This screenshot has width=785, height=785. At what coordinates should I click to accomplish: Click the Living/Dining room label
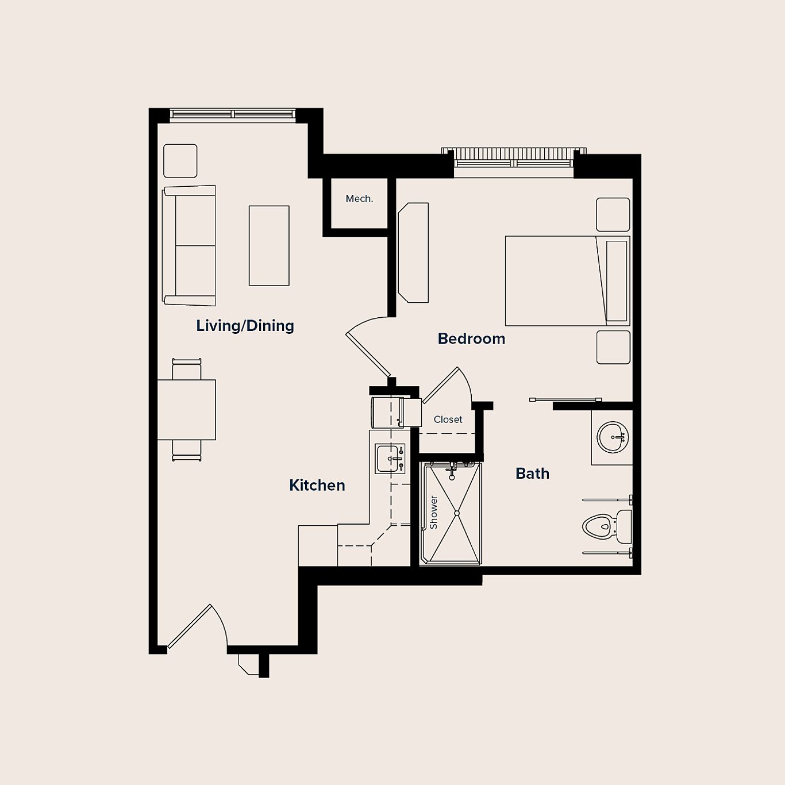pyautogui.click(x=245, y=326)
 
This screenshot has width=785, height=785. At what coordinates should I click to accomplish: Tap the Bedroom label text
pyautogui.click(x=471, y=338)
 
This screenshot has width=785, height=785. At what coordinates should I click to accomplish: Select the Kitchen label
pyautogui.click(x=317, y=485)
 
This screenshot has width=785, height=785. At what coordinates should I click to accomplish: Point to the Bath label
pyautogui.click(x=532, y=474)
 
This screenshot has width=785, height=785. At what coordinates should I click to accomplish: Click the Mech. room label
pyautogui.click(x=359, y=199)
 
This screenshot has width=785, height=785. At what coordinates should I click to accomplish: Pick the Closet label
pyautogui.click(x=448, y=420)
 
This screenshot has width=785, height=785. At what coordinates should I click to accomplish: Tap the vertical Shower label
pyautogui.click(x=433, y=512)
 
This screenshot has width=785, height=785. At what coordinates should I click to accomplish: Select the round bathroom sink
pyautogui.click(x=613, y=437)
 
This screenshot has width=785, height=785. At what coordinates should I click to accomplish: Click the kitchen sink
pyautogui.click(x=390, y=459)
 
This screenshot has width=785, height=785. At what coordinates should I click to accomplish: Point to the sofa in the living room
pyautogui.click(x=190, y=246)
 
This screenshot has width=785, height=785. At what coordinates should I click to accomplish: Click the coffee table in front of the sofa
pyautogui.click(x=269, y=245)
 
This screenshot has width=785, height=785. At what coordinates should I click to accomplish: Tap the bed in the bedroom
pyautogui.click(x=566, y=280)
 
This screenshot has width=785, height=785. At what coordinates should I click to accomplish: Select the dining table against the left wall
pyautogui.click(x=186, y=410)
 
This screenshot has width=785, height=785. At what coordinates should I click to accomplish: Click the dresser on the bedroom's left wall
pyautogui.click(x=414, y=252)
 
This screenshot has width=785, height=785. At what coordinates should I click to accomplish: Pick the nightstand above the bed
pyautogui.click(x=613, y=214)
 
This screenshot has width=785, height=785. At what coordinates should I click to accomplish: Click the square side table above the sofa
pyautogui.click(x=180, y=161)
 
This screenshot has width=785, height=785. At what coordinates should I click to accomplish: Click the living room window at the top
pyautogui.click(x=233, y=114)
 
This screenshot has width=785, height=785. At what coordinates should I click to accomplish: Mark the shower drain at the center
pyautogui.click(x=457, y=513)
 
